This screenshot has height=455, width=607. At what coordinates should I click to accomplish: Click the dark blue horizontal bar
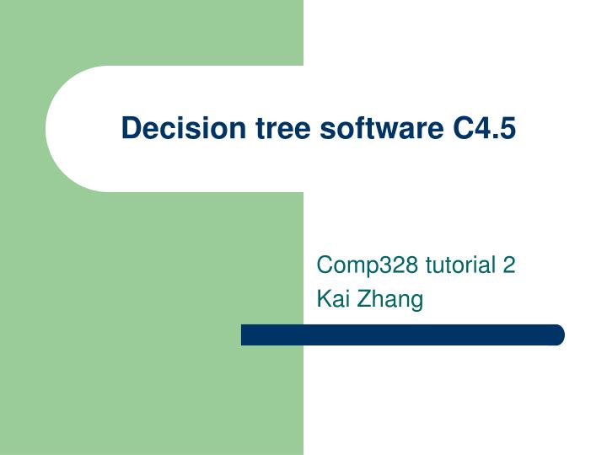(402, 335)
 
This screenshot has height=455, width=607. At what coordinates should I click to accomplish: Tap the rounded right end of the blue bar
(557, 335)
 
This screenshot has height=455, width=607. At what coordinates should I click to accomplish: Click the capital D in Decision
(130, 128)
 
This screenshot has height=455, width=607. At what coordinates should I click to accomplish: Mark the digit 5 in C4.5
(507, 128)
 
